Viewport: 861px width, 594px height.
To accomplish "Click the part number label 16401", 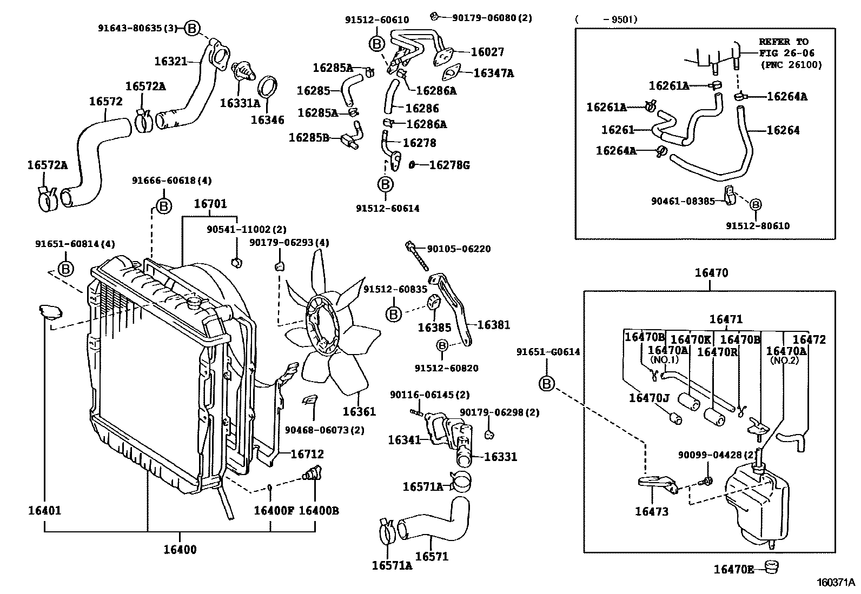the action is (x=44, y=511).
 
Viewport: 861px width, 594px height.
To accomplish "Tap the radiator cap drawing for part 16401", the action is (x=50, y=312).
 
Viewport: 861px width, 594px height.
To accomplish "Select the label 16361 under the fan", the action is (x=359, y=411).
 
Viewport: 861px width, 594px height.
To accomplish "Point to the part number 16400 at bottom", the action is (x=180, y=550).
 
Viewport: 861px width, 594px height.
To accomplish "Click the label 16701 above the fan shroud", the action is (x=210, y=204).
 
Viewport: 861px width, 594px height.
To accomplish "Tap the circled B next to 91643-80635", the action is (x=192, y=29).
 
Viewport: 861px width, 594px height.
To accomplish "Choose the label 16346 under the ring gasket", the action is (x=268, y=120).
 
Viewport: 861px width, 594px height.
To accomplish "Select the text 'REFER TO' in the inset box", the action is (x=783, y=42).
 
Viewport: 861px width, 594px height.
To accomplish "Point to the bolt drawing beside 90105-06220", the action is (x=416, y=256).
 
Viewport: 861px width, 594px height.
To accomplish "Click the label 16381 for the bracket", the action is (x=494, y=325).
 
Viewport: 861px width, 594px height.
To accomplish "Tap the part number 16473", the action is (x=652, y=511).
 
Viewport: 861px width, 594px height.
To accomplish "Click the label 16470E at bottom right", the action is (x=734, y=570).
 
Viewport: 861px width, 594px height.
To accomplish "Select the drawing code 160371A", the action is (x=836, y=583).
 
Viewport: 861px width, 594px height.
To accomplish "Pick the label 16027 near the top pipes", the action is (x=487, y=52).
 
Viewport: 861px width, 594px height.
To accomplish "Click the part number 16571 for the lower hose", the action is (x=432, y=556).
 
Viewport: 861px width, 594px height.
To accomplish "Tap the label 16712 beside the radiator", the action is (x=307, y=454).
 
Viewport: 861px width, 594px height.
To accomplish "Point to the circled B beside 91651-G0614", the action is (x=547, y=383).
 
